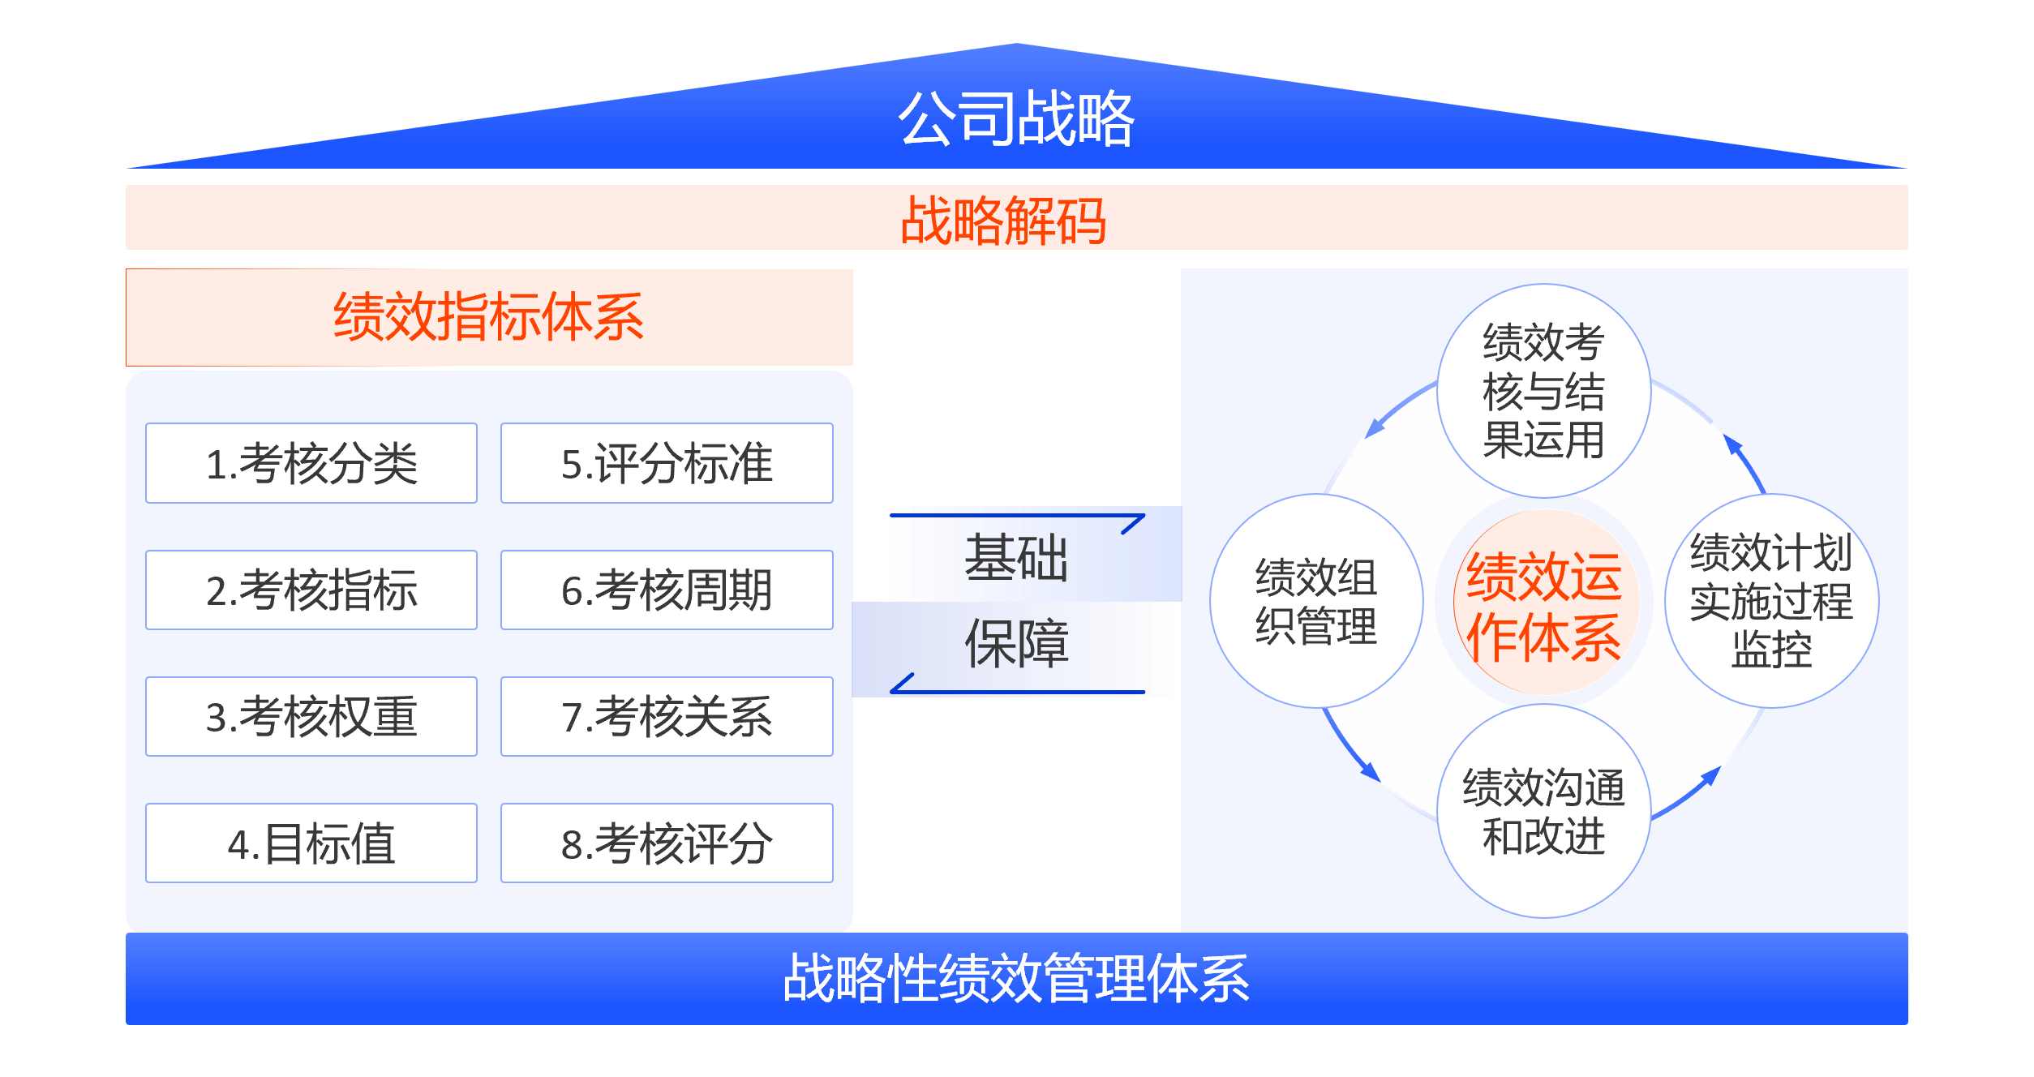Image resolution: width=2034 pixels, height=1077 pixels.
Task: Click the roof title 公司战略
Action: pyautogui.click(x=1015, y=119)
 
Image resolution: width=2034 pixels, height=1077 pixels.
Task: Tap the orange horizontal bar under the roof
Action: pyautogui.click(x=1015, y=217)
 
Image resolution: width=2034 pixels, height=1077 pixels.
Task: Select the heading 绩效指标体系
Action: pyautogui.click(x=489, y=317)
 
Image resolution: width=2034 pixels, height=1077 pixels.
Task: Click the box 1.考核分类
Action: pyautogui.click(x=311, y=463)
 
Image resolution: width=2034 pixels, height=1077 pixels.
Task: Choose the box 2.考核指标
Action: pyautogui.click(x=311, y=590)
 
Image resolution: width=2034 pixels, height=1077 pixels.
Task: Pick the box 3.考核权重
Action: pyautogui.click(x=311, y=716)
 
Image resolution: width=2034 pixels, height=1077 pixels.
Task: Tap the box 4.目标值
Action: pyautogui.click(x=311, y=843)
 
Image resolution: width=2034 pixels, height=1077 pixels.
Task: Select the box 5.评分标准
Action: pyautogui.click(x=667, y=463)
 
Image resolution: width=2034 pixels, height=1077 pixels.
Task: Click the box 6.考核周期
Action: pyautogui.click(x=667, y=590)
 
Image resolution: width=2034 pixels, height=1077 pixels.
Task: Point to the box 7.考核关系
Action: pyautogui.click(x=667, y=716)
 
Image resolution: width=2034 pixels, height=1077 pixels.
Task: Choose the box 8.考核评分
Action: pyautogui.click(x=667, y=843)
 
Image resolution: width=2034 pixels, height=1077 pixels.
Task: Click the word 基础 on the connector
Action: pyautogui.click(x=1015, y=558)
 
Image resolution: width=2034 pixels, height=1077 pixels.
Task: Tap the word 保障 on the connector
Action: pyautogui.click(x=1015, y=644)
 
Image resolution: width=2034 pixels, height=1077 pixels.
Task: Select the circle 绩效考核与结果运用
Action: pyautogui.click(x=1543, y=391)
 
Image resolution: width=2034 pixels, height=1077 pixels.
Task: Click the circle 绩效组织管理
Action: pyautogui.click(x=1316, y=601)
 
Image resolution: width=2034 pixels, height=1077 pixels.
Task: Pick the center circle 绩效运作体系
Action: pyautogui.click(x=1544, y=604)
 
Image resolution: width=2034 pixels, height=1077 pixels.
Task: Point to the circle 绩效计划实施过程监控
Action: pyautogui.click(x=1771, y=601)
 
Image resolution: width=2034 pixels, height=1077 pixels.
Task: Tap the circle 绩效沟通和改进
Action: pyautogui.click(x=1543, y=811)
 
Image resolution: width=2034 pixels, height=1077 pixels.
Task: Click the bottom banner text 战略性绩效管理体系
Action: pyautogui.click(x=1015, y=978)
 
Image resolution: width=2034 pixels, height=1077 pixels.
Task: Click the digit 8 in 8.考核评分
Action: pyautogui.click(x=571, y=845)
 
